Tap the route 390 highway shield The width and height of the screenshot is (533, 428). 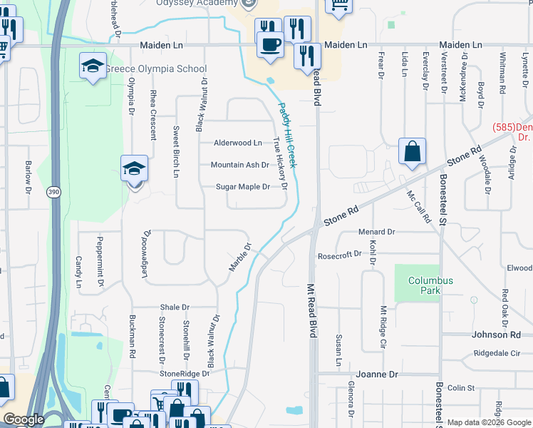pyautogui.click(x=53, y=192)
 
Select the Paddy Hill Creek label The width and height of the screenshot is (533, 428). pyautogui.click(x=287, y=136)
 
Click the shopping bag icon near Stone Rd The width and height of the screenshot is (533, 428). pyautogui.click(x=412, y=151)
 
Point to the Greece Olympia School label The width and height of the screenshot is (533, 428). pyautogui.click(x=155, y=69)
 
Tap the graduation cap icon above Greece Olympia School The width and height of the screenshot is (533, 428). pyautogui.click(x=93, y=66)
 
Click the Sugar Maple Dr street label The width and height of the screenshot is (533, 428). pyautogui.click(x=243, y=187)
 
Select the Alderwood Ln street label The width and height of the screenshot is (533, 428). pyautogui.click(x=238, y=143)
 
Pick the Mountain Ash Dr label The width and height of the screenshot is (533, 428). pyautogui.click(x=240, y=165)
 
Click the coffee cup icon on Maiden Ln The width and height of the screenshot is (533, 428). pyautogui.click(x=270, y=44)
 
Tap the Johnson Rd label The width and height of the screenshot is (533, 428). pyautogui.click(x=495, y=334)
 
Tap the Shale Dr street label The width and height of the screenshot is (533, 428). pyautogui.click(x=175, y=307)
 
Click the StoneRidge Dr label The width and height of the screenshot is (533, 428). pyautogui.click(x=185, y=373)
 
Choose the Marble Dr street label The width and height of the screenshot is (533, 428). pyautogui.click(x=240, y=258)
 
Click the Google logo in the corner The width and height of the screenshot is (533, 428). pyautogui.click(x=24, y=419)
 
